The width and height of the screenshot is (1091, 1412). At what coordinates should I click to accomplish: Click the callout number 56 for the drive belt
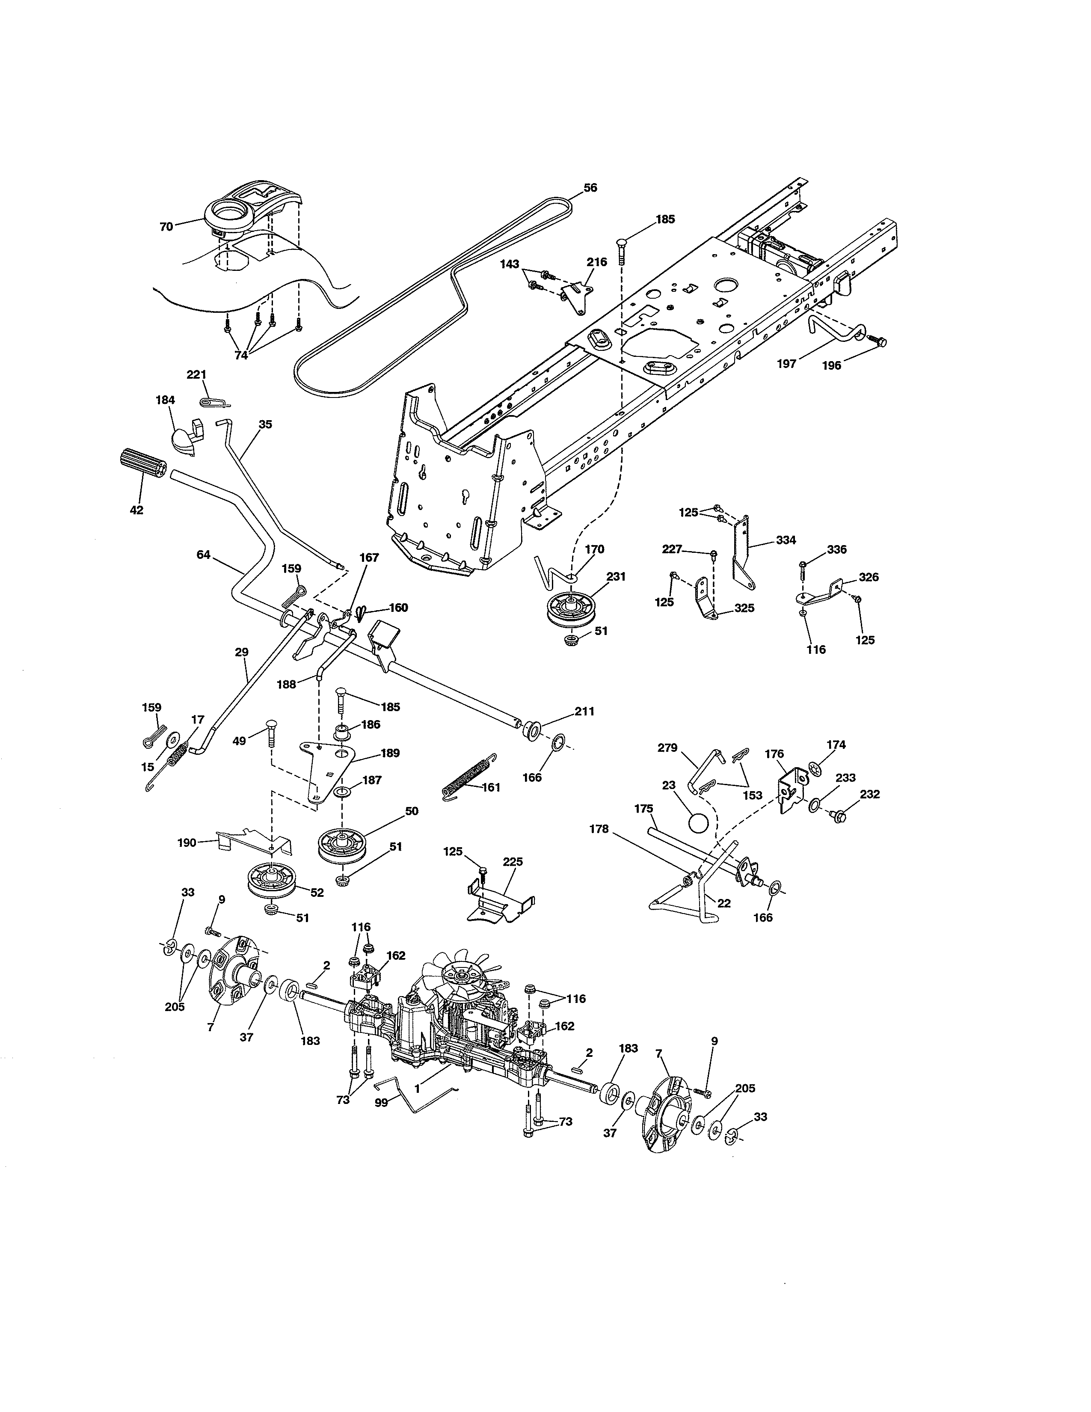(590, 188)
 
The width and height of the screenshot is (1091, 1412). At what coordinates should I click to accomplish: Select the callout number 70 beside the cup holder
(166, 227)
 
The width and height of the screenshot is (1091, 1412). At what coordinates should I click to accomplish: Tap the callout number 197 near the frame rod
(786, 364)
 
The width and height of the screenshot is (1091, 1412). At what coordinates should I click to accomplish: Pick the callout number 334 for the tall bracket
(786, 540)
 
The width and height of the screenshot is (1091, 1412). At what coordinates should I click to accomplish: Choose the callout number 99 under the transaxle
(381, 1103)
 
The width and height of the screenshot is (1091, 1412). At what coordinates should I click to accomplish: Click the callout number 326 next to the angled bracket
(868, 577)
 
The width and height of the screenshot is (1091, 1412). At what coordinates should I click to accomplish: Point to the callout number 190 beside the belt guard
(187, 842)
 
